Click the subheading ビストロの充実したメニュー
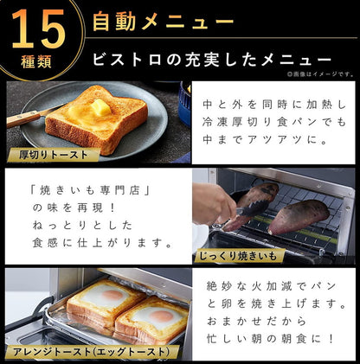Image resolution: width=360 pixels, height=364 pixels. click(x=212, y=61)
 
